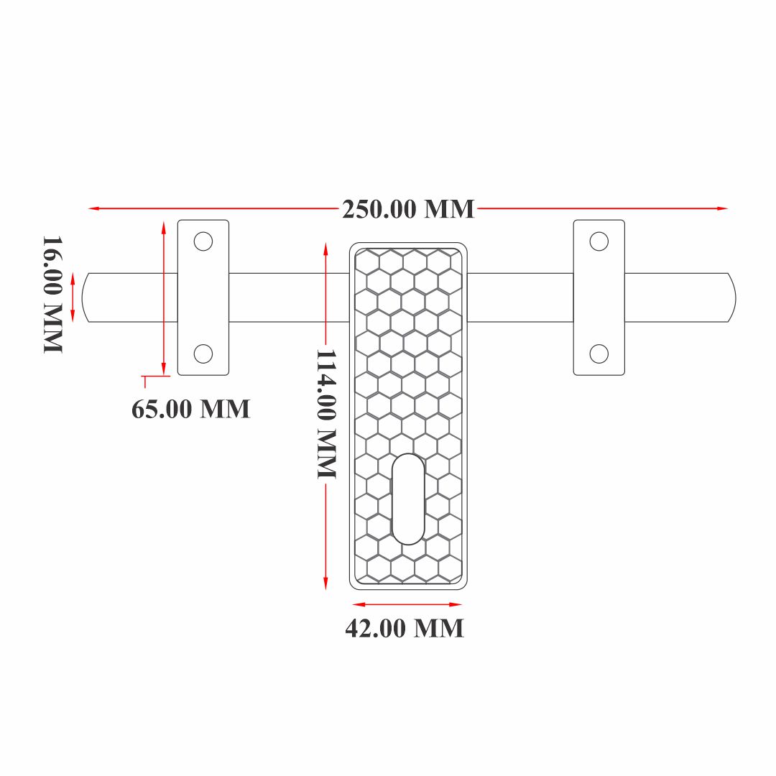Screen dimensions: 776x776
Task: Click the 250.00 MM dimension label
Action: click(x=407, y=209)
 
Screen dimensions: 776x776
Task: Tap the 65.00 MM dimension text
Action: click(x=191, y=409)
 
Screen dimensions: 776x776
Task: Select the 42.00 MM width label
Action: click(x=405, y=628)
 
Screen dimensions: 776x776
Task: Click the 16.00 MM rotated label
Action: click(x=54, y=295)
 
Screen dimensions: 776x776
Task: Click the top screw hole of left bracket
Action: click(x=203, y=241)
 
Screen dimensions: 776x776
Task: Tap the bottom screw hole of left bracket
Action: click(x=203, y=354)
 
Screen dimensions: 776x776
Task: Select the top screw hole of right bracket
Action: click(x=599, y=241)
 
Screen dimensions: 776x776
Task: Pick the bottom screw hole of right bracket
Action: click(x=599, y=354)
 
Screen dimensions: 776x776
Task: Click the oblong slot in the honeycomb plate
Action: click(x=408, y=499)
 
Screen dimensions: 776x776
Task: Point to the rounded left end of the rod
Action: click(x=86, y=297)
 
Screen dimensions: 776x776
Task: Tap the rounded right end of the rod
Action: click(x=732, y=297)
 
